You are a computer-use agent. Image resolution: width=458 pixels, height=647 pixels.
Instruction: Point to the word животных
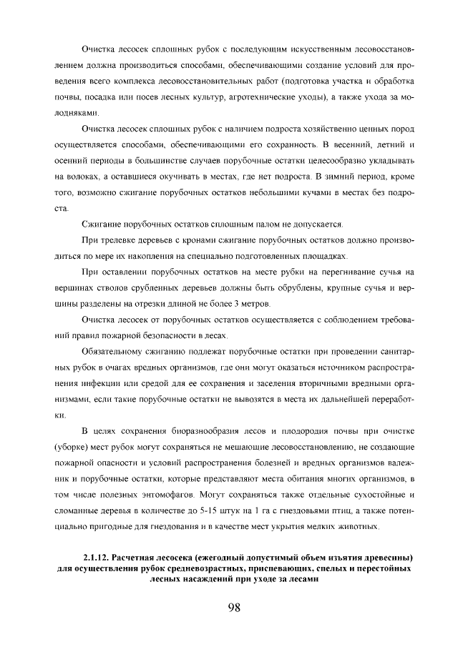[360, 526]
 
